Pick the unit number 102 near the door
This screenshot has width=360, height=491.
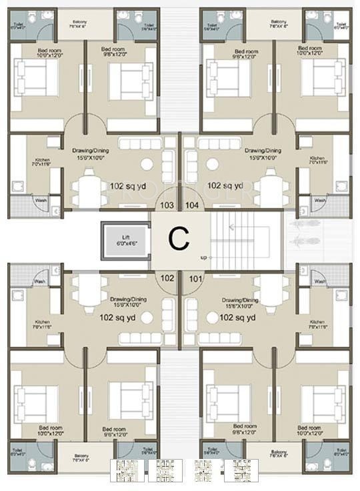(167, 278)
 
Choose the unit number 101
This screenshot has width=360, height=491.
(195, 278)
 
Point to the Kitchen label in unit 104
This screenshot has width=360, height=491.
(317, 161)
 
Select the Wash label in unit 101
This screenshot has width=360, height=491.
(320, 282)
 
